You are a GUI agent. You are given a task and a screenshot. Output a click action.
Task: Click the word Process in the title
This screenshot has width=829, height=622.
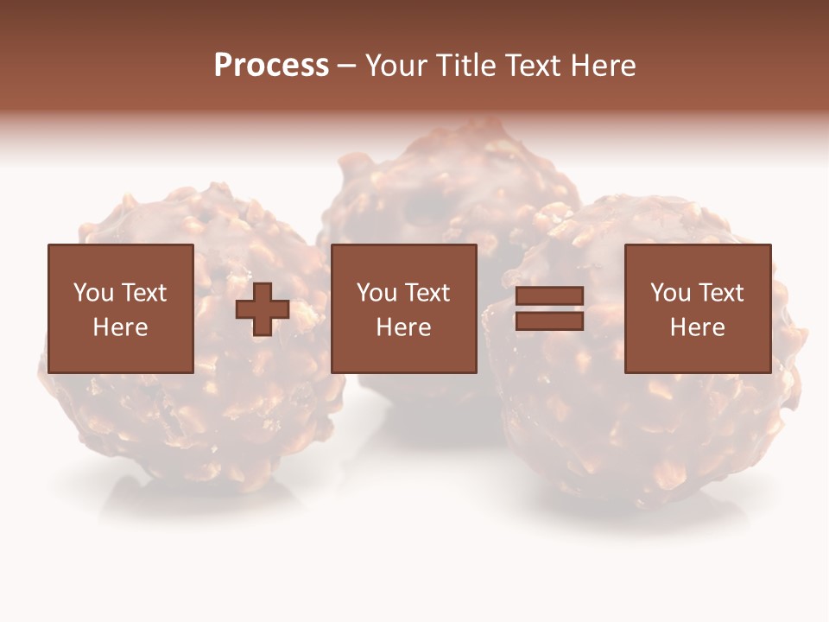[271, 66]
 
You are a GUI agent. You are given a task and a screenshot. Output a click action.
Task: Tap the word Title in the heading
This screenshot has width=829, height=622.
[463, 66]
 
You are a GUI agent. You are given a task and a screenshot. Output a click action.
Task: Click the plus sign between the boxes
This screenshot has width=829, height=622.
[263, 309]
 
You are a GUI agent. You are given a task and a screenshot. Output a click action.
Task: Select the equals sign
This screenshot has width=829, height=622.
[549, 308]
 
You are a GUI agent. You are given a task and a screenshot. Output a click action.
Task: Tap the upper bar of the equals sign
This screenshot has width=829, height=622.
[549, 296]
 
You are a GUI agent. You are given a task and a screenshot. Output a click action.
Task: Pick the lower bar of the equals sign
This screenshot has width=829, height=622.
[549, 321]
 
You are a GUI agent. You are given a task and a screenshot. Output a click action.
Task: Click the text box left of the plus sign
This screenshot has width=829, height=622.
[120, 308]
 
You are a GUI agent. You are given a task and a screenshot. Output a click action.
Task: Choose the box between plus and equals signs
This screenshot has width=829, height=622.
[403, 308]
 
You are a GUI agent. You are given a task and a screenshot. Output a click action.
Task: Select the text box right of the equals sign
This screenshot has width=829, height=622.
[697, 308]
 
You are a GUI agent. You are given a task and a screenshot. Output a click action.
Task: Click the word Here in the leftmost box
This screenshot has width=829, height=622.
[120, 327]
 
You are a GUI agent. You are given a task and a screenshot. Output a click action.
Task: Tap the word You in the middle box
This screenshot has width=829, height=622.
[377, 293]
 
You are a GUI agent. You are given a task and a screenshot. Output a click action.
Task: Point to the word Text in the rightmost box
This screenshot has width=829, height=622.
[720, 293]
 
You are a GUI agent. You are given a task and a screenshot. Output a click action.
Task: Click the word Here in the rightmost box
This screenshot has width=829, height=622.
[697, 327]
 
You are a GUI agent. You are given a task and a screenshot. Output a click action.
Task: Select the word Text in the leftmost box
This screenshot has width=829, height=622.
[143, 293]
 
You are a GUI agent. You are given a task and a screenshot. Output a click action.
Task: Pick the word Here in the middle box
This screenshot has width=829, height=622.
[403, 327]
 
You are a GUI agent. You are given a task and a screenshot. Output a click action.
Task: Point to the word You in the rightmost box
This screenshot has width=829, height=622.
[670, 293]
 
